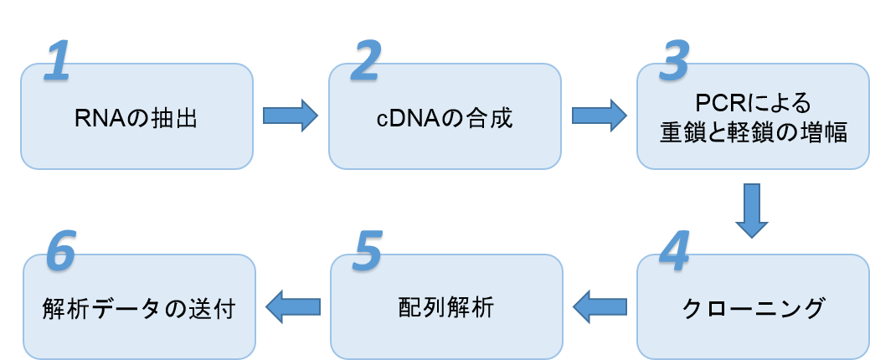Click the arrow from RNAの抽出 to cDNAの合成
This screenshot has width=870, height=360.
click(x=291, y=116)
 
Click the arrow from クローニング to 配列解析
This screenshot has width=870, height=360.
click(x=599, y=306)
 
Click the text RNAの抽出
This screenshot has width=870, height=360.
click(x=135, y=117)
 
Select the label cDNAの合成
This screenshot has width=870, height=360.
click(x=444, y=117)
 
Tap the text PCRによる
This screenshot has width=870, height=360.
click(x=754, y=103)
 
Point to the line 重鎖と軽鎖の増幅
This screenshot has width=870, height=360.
click(x=754, y=132)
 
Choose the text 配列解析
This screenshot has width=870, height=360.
click(x=445, y=307)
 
